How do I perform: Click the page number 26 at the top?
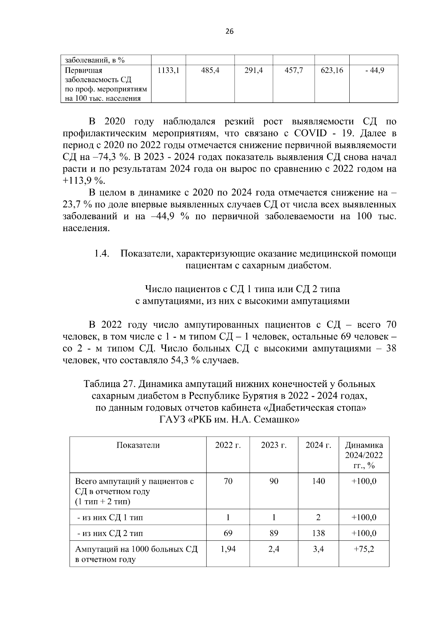click(229, 31)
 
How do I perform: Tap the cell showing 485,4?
click(210, 70)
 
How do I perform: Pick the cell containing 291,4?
click(254, 70)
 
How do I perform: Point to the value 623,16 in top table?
click(332, 70)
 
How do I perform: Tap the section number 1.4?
click(103, 253)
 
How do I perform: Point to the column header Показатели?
click(138, 445)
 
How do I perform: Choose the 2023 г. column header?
click(274, 445)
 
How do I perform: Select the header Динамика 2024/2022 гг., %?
click(364, 455)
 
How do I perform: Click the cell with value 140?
click(319, 481)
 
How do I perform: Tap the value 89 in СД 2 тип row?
click(274, 533)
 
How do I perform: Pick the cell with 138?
click(319, 533)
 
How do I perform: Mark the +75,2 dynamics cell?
click(364, 549)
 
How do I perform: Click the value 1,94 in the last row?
click(228, 549)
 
